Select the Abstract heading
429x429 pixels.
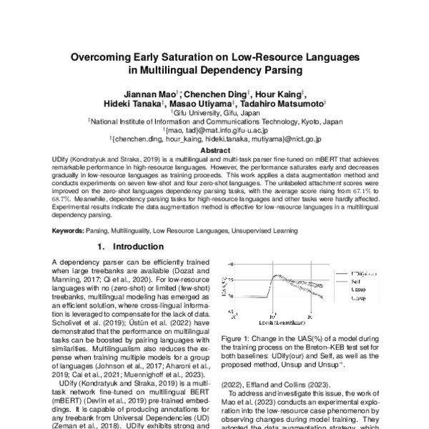coord(214,151)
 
